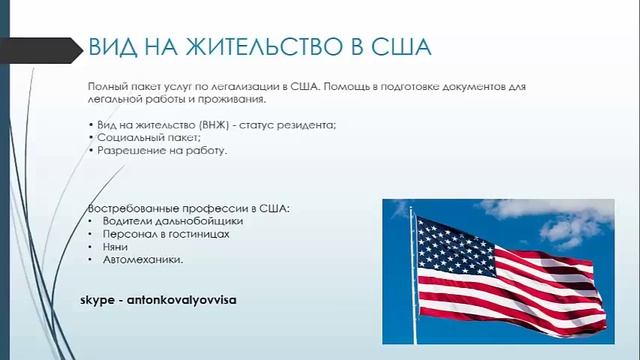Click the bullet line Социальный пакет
pyautogui.click(x=135, y=136)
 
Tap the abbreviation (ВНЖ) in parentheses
pyautogui.click(x=215, y=122)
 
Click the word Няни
pyautogui.click(x=115, y=247)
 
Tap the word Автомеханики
pyautogui.click(x=143, y=260)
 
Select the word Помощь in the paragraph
pyautogui.click(x=351, y=87)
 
